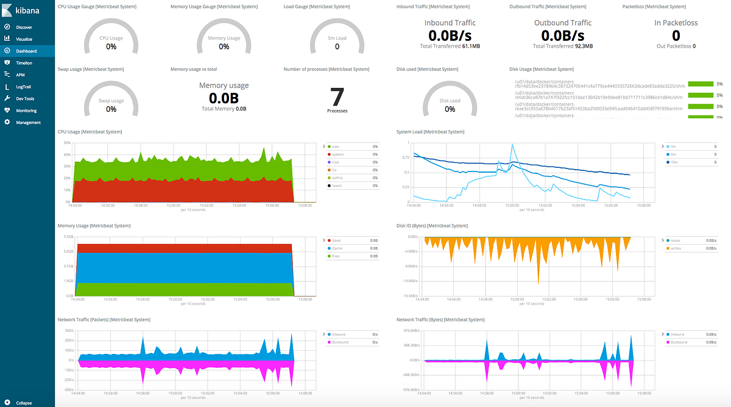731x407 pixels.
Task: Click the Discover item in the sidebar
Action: pyautogui.click(x=24, y=27)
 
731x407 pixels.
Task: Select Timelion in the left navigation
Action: pyautogui.click(x=24, y=63)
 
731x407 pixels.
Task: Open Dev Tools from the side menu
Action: pyautogui.click(x=25, y=98)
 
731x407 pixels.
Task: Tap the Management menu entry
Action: pyautogui.click(x=28, y=122)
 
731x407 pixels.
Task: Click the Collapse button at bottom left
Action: pyautogui.click(x=24, y=403)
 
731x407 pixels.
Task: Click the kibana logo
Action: pyautogui.click(x=22, y=10)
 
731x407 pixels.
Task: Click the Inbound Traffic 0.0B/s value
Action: pyautogui.click(x=450, y=35)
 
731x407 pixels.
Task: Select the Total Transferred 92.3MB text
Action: pyautogui.click(x=563, y=46)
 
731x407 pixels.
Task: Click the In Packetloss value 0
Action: pyautogui.click(x=676, y=35)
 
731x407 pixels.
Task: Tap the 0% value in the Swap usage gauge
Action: pyautogui.click(x=111, y=109)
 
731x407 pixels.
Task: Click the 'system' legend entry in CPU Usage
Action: pyautogui.click(x=338, y=154)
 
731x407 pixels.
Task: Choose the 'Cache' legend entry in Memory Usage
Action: pyautogui.click(x=337, y=248)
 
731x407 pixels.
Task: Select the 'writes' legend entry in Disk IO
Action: pyautogui.click(x=676, y=248)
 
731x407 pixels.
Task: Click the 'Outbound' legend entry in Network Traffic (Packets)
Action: pyautogui.click(x=341, y=342)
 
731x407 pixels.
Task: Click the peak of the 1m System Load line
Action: pyautogui.click(x=513, y=145)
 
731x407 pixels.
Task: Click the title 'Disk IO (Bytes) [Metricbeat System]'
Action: pyautogui.click(x=432, y=226)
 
